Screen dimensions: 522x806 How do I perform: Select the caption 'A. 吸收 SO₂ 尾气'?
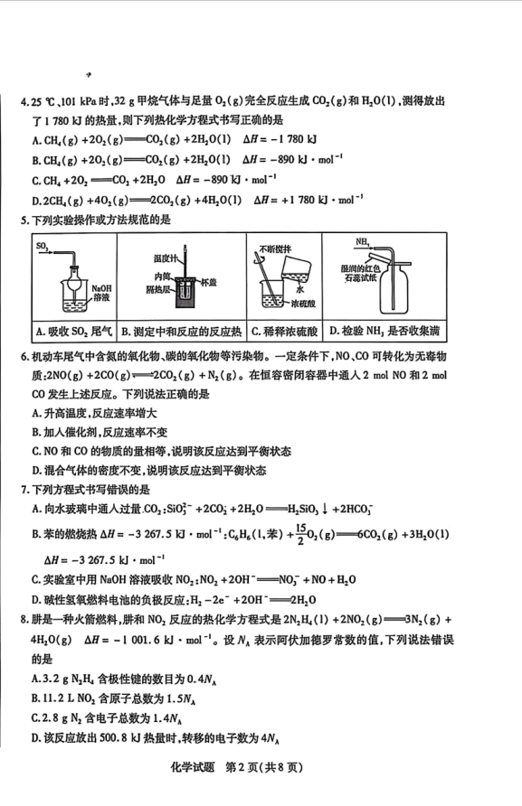[x=73, y=332]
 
